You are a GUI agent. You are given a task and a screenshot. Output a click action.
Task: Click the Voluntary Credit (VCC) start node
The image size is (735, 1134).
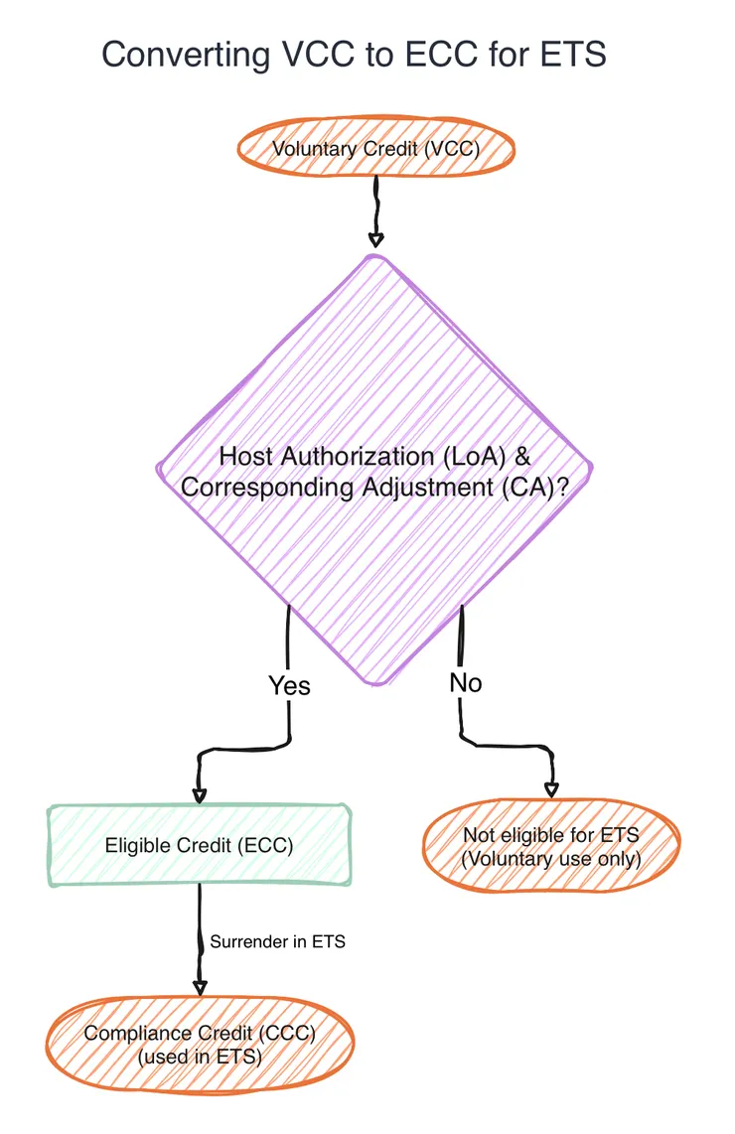(x=375, y=150)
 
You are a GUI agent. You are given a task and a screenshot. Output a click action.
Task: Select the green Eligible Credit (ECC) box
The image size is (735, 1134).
(x=199, y=845)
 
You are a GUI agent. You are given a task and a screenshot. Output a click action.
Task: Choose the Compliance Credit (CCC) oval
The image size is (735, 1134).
(x=199, y=1044)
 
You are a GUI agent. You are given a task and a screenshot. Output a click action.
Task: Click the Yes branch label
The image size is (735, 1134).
(x=289, y=685)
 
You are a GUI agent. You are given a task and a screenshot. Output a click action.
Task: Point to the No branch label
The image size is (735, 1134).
(x=466, y=682)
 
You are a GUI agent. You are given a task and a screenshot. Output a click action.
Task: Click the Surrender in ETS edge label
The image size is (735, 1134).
(x=277, y=941)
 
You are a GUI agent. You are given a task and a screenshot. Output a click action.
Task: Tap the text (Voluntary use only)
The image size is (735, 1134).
(x=550, y=859)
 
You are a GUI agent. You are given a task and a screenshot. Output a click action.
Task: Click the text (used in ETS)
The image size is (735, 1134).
(x=199, y=1058)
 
